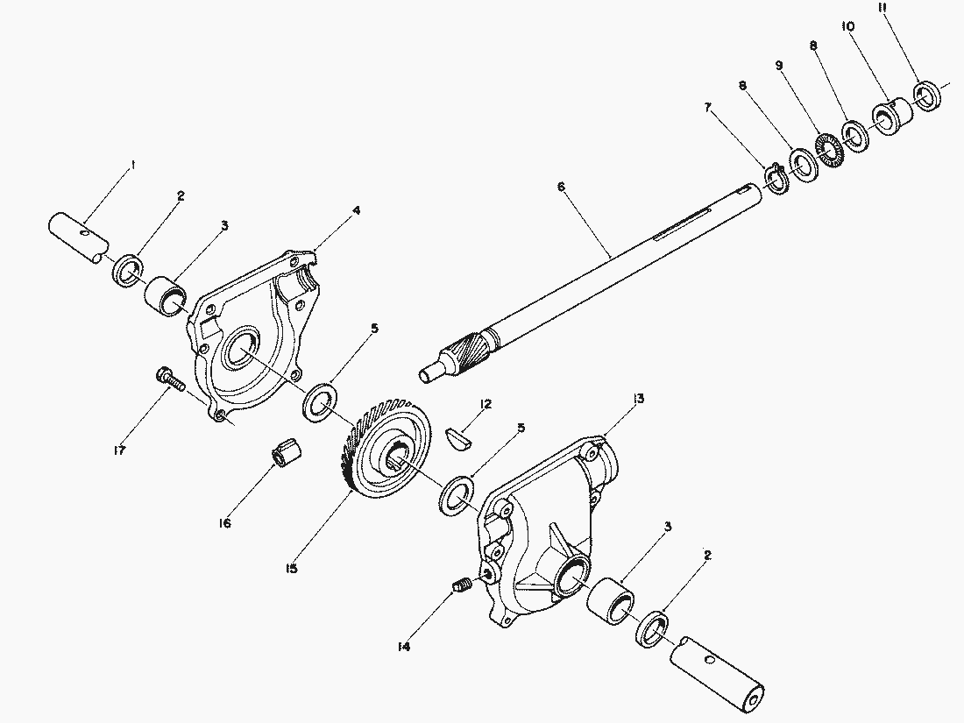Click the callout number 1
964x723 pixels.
point(132,164)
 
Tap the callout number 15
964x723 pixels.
point(291,569)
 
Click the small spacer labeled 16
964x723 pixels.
point(286,456)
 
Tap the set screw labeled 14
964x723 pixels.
point(462,585)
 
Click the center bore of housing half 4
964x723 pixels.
point(237,355)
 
